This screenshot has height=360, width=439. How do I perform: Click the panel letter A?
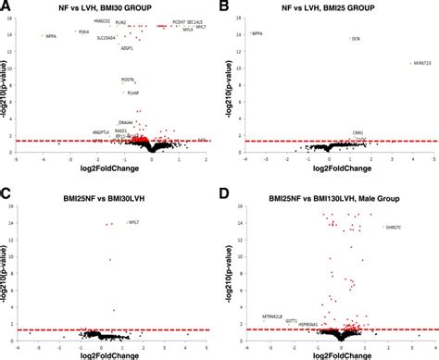(6, 6)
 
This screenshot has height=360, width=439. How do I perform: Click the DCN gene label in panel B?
(356, 38)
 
